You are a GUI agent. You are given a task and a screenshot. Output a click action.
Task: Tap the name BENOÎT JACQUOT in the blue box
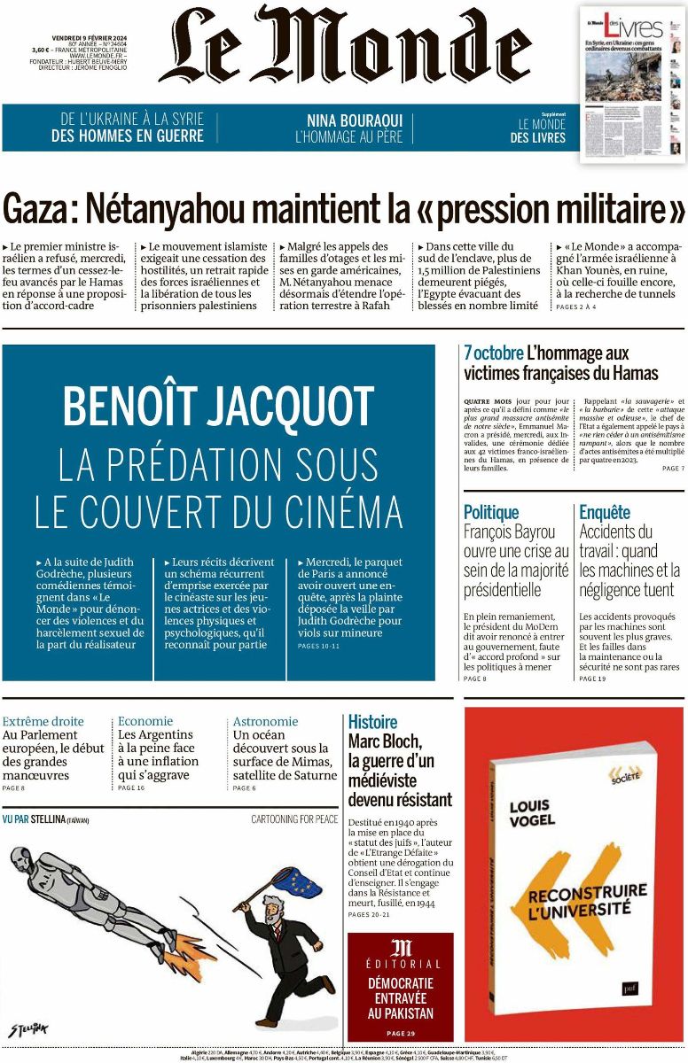pyautogui.click(x=218, y=407)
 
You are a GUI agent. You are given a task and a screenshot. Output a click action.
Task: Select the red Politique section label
pyautogui.click(x=491, y=512)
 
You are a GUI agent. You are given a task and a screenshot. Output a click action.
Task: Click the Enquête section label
pyautogui.click(x=605, y=512)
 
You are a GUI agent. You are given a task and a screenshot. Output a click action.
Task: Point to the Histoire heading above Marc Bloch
pyautogui.click(x=372, y=722)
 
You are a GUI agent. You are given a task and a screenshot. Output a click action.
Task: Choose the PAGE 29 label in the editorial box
pyautogui.click(x=400, y=1033)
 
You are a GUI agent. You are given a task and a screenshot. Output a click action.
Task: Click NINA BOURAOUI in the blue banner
pyautogui.click(x=348, y=120)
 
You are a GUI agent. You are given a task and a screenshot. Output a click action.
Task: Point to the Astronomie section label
pyautogui.click(x=265, y=721)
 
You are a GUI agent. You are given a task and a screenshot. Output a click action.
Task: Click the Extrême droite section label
pyautogui.click(x=43, y=721)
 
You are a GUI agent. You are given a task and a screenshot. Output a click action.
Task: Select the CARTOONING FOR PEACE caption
pyautogui.click(x=294, y=819)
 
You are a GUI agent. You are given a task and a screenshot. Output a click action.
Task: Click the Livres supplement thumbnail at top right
pyautogui.click(x=632, y=84)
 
